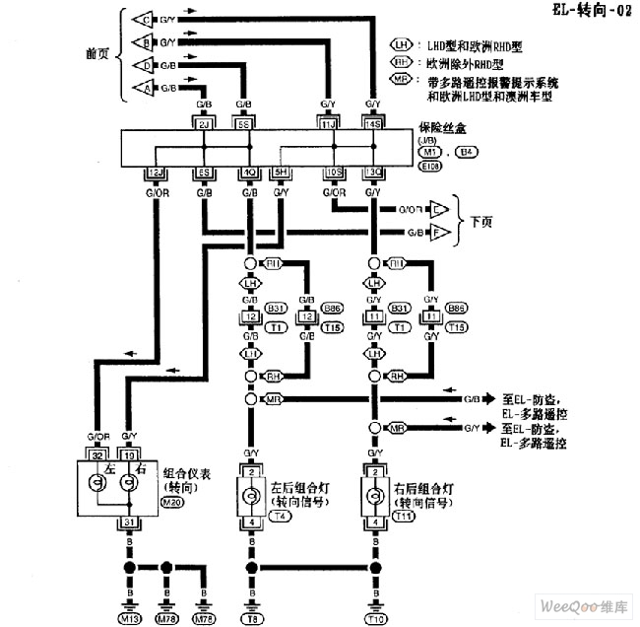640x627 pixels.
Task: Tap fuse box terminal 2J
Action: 204,125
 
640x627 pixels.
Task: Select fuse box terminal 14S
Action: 372,125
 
